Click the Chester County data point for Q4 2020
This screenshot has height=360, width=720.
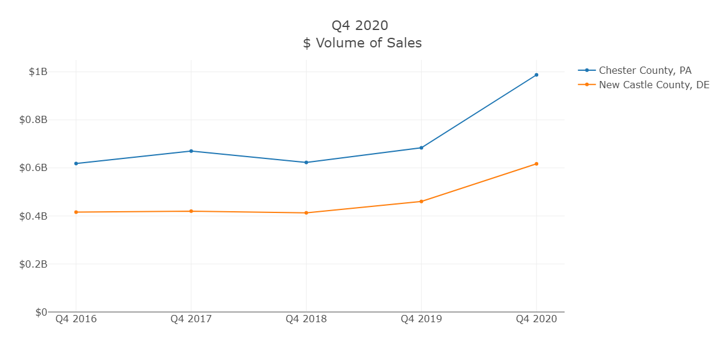pyautogui.click(x=536, y=75)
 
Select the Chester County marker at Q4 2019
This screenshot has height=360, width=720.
pyautogui.click(x=421, y=148)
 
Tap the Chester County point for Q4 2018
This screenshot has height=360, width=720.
pyautogui.click(x=306, y=163)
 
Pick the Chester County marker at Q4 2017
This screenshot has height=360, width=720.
pyautogui.click(x=191, y=151)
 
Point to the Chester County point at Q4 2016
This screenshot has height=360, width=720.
pyautogui.click(x=76, y=163)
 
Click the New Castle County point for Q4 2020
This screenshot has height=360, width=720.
pyautogui.click(x=536, y=164)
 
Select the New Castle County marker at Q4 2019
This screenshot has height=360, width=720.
pyautogui.click(x=421, y=202)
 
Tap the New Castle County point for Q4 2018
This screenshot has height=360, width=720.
pyautogui.click(x=306, y=213)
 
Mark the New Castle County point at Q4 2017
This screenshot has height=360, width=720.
pyautogui.click(x=191, y=211)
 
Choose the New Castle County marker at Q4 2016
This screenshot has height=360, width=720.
pyautogui.click(x=76, y=212)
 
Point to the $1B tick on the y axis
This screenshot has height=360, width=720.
pyautogui.click(x=38, y=72)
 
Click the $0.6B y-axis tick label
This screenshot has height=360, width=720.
pyautogui.click(x=34, y=168)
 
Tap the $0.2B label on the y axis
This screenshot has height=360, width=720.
pyautogui.click(x=34, y=264)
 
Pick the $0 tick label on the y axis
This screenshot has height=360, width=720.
pyautogui.click(x=41, y=312)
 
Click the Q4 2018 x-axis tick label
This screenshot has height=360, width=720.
pyautogui.click(x=306, y=319)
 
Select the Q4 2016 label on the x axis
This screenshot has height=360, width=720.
pyautogui.click(x=76, y=319)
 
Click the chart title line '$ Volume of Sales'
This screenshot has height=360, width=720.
pyautogui.click(x=362, y=43)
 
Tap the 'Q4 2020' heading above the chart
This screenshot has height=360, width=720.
pyautogui.click(x=360, y=25)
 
